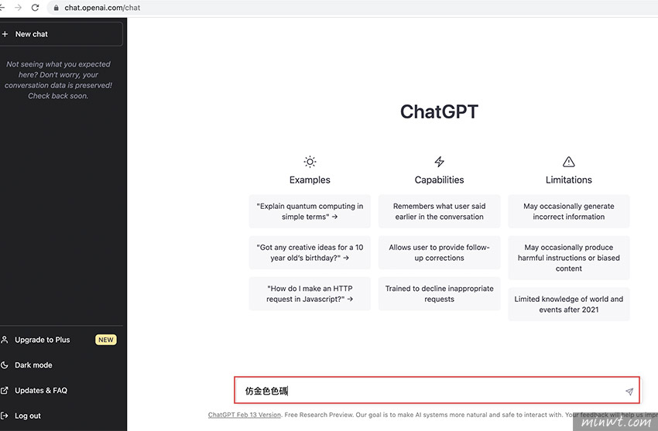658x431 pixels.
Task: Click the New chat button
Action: (x=61, y=34)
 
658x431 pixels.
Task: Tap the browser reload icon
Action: (x=36, y=8)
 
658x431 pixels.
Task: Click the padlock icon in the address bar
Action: (x=57, y=8)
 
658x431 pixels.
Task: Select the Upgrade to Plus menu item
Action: (x=42, y=340)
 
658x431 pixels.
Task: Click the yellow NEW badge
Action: (x=106, y=340)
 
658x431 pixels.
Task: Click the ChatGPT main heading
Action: (x=439, y=111)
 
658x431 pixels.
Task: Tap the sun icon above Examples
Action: (x=310, y=162)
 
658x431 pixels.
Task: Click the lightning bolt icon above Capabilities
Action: (x=440, y=162)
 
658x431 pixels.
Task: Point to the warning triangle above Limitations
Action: (x=569, y=162)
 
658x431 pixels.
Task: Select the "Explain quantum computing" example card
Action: (x=310, y=211)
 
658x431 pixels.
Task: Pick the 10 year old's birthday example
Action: (x=310, y=252)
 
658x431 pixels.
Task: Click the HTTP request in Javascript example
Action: (x=310, y=293)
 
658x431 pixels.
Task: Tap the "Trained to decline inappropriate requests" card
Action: (x=440, y=293)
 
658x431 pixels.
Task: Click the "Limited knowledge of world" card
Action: (x=569, y=304)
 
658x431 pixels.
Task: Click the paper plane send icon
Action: (x=629, y=392)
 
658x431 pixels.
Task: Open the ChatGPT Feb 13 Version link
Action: (x=244, y=415)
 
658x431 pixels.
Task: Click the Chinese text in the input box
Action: (x=266, y=392)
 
